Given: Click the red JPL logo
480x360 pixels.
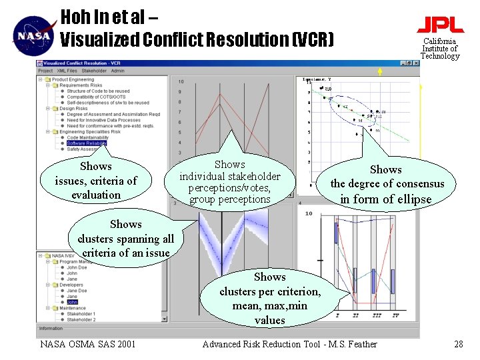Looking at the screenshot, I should click(440, 25).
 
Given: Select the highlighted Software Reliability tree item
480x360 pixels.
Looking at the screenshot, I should click(86, 143).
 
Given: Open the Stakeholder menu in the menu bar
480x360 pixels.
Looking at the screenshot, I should click(95, 71).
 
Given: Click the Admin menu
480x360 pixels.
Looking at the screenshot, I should click(117, 71).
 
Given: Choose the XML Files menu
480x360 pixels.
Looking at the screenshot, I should click(67, 71).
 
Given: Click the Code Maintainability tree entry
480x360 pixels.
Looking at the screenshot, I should click(90, 138).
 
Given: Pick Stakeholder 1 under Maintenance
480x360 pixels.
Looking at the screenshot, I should click(81, 314).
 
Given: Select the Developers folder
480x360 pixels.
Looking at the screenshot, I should click(71, 285).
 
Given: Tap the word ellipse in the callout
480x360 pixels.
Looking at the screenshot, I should click(414, 199).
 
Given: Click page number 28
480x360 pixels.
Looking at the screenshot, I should click(458, 344).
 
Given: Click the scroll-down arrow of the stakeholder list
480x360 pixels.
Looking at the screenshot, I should click(165, 319).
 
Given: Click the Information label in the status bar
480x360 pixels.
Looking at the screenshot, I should click(51, 329).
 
